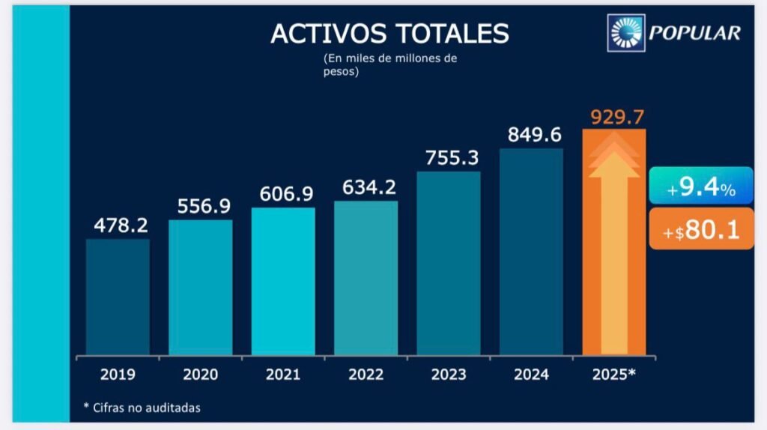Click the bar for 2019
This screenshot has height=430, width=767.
pos(118,297)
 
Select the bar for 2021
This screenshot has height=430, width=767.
pos(283,281)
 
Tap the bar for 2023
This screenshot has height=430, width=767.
pos(448,263)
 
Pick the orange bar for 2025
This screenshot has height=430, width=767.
pos(614,242)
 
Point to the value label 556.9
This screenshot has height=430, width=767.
pos(200,205)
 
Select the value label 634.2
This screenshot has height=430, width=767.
pos(366,187)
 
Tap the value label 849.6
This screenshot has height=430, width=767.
pos(531,134)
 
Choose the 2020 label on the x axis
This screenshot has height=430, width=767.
pos(200,375)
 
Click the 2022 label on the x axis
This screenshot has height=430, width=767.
pos(366,375)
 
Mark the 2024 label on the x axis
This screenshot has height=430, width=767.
pos(531,375)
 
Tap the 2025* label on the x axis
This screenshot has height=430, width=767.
pos(614,375)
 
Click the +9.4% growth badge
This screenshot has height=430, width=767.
pos(700,187)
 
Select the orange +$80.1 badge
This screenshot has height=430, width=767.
pos(700,229)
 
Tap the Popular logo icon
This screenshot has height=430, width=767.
pos(627,32)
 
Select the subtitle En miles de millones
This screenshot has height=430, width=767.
pos(389,58)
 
